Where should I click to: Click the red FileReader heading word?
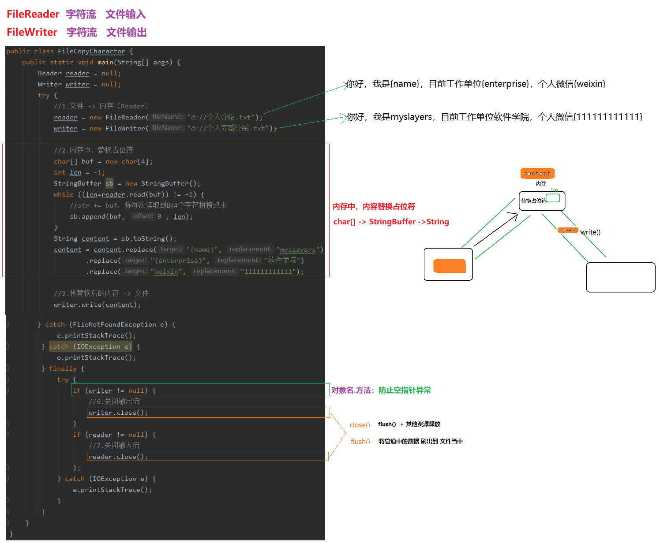(33, 14)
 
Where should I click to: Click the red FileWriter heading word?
(32, 32)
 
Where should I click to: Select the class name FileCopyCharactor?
(91, 51)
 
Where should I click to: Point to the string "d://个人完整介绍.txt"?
(229, 128)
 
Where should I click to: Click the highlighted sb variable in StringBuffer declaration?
(109, 183)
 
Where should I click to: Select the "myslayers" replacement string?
(298, 249)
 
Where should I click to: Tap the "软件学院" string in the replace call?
(282, 260)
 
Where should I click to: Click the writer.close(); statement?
(118, 413)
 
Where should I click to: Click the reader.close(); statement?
(118, 457)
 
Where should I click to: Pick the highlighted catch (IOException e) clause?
(90, 346)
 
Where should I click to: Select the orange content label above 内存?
(537, 173)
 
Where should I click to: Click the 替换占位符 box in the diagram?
(542, 201)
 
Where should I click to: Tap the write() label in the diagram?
(590, 232)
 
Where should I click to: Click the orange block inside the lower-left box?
(450, 266)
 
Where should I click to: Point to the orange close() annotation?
(360, 425)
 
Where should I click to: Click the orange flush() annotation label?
(360, 441)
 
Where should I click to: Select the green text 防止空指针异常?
(405, 390)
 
